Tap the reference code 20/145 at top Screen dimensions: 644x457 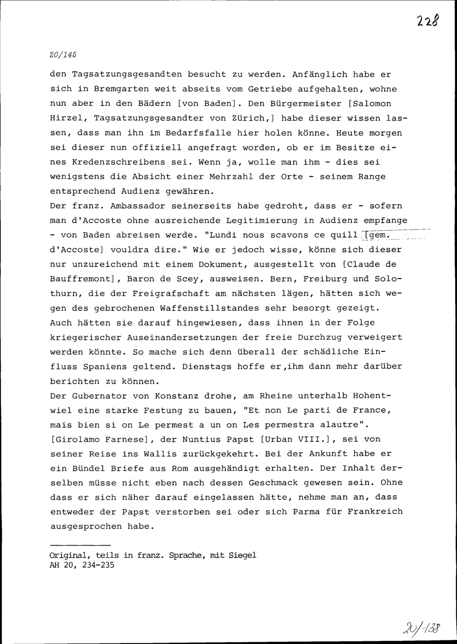(63, 54)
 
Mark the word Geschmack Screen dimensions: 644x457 (271, 483)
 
